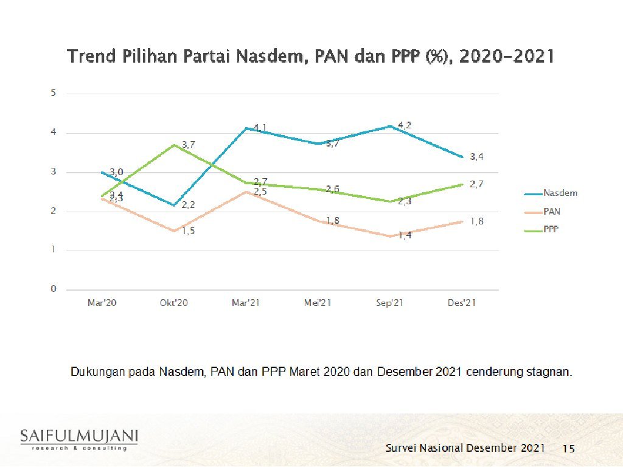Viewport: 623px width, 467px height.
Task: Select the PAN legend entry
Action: (551, 212)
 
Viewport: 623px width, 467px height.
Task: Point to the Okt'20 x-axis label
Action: (173, 303)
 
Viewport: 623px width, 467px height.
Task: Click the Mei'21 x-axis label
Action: (318, 303)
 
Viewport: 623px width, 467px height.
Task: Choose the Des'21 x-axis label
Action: (461, 303)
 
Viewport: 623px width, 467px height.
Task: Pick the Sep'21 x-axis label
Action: (389, 303)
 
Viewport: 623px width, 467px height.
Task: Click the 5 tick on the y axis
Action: (54, 93)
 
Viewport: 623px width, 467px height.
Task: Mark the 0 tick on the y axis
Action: (54, 289)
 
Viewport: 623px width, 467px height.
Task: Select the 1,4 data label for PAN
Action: (405, 235)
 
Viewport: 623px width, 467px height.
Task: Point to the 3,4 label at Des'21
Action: (476, 157)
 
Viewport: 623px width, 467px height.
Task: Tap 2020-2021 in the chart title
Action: (506, 57)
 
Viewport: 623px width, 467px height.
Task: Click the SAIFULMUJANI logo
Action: (79, 439)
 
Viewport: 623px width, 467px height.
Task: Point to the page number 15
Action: (568, 449)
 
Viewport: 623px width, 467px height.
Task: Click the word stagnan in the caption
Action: (550, 372)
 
